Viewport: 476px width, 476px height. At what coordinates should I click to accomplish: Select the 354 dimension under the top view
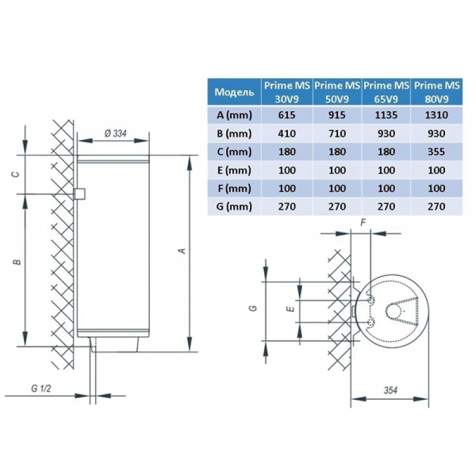390,390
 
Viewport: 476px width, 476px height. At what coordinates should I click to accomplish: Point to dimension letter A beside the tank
183,250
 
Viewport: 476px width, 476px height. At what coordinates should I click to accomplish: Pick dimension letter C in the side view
18,174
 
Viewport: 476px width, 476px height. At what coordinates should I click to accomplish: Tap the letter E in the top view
289,310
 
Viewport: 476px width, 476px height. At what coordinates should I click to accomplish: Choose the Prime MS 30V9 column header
286,92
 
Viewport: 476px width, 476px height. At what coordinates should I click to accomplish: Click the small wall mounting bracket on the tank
79,194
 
